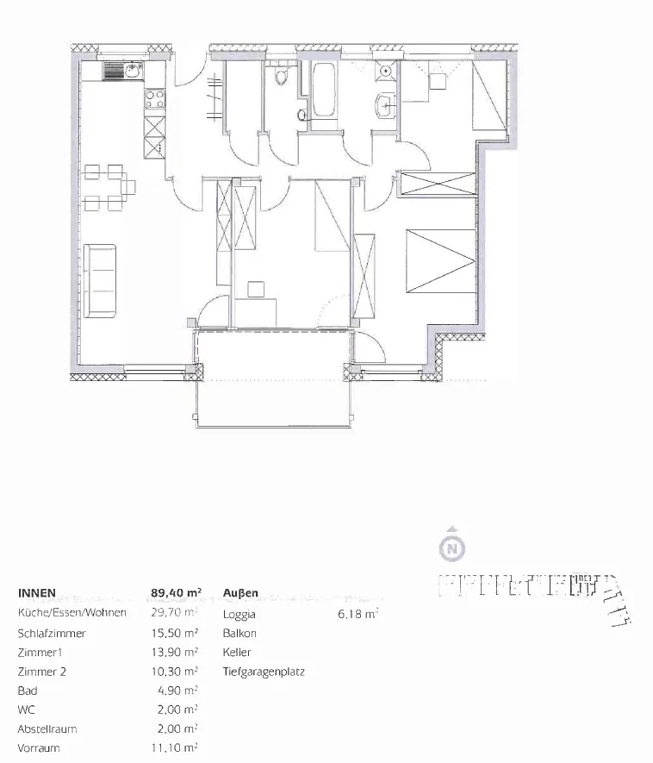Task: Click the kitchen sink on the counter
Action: click(x=123, y=71)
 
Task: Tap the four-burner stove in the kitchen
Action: click(x=156, y=100)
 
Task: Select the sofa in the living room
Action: click(x=100, y=281)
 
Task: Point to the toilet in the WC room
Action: click(x=282, y=75)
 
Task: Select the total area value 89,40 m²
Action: click(x=176, y=592)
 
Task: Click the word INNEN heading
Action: click(x=37, y=593)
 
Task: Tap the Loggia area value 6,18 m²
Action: click(x=358, y=614)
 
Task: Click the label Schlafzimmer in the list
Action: click(x=52, y=633)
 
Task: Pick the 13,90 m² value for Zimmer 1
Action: click(x=175, y=652)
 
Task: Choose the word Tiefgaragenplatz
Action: click(x=264, y=672)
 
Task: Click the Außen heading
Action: click(x=240, y=593)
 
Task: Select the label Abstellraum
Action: click(x=47, y=729)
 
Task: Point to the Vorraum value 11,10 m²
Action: click(x=175, y=747)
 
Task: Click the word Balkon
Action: click(x=239, y=633)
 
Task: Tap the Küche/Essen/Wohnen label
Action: click(x=72, y=613)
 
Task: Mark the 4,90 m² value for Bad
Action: click(x=177, y=691)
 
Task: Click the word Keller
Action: click(x=237, y=652)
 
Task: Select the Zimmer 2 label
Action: click(x=42, y=672)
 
